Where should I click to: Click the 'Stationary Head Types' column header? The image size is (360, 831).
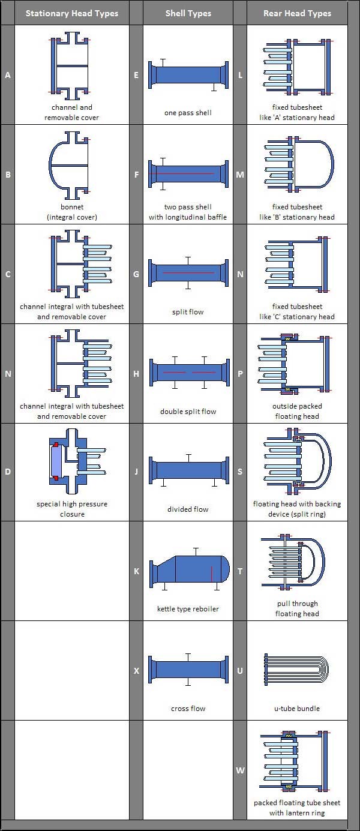tap(72, 13)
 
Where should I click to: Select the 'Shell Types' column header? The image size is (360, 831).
tap(188, 13)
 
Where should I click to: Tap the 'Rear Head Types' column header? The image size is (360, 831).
tap(297, 13)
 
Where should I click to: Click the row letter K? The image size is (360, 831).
tap(136, 571)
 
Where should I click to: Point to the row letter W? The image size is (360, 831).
tap(240, 770)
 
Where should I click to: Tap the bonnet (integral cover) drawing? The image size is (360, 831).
tap(69, 166)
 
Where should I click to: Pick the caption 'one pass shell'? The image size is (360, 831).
tap(188, 113)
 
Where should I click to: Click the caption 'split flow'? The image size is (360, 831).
tap(188, 312)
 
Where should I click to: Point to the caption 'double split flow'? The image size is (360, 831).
tap(188, 412)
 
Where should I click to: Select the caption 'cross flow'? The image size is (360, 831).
tap(188, 709)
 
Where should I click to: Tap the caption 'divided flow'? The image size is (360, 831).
tap(188, 509)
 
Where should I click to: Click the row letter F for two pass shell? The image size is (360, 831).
tap(136, 175)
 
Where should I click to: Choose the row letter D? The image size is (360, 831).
tap(8, 472)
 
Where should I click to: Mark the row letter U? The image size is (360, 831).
tap(240, 671)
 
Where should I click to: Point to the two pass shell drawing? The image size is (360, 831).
tap(188, 173)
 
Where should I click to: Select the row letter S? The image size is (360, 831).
tap(240, 472)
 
